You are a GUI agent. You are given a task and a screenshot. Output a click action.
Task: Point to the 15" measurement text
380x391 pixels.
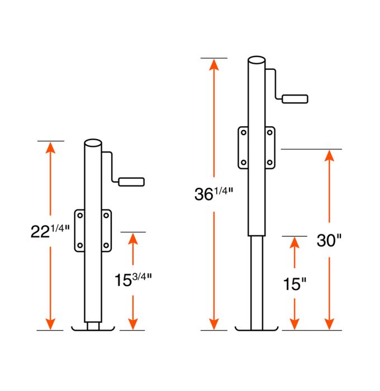click(x=294, y=284)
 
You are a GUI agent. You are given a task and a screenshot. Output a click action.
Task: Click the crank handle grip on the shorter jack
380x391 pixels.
click(x=131, y=182)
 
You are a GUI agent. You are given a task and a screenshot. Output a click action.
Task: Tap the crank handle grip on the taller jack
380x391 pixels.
click(x=296, y=99)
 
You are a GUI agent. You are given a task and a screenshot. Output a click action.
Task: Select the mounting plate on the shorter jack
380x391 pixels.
click(x=93, y=230)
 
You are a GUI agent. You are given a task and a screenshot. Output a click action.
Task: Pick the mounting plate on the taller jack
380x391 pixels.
click(x=256, y=147)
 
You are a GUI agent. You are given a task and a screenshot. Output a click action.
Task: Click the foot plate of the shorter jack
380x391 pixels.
click(x=93, y=328)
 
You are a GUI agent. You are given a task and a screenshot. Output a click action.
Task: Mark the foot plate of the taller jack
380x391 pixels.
click(x=256, y=328)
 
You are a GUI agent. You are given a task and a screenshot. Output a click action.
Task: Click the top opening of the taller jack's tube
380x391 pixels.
click(x=256, y=60)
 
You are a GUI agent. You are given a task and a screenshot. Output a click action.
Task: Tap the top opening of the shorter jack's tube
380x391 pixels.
click(x=93, y=143)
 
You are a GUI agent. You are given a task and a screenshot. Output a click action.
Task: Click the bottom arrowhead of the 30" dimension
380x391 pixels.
click(x=329, y=323)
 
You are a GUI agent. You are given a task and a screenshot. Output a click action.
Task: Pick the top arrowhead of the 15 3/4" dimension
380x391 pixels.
click(x=133, y=239)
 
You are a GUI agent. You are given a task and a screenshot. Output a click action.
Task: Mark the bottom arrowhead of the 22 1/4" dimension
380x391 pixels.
click(x=50, y=323)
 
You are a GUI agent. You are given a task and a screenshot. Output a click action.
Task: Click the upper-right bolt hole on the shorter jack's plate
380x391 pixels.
click(x=106, y=216)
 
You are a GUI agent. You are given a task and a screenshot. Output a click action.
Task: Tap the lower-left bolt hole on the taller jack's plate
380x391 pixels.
click(x=244, y=163)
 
